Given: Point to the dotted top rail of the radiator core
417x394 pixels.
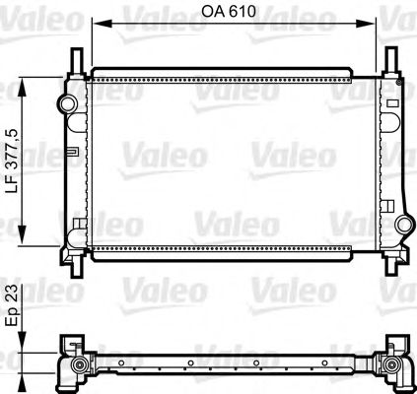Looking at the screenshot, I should (222, 74).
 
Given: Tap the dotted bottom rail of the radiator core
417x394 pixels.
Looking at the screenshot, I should (222, 250).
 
